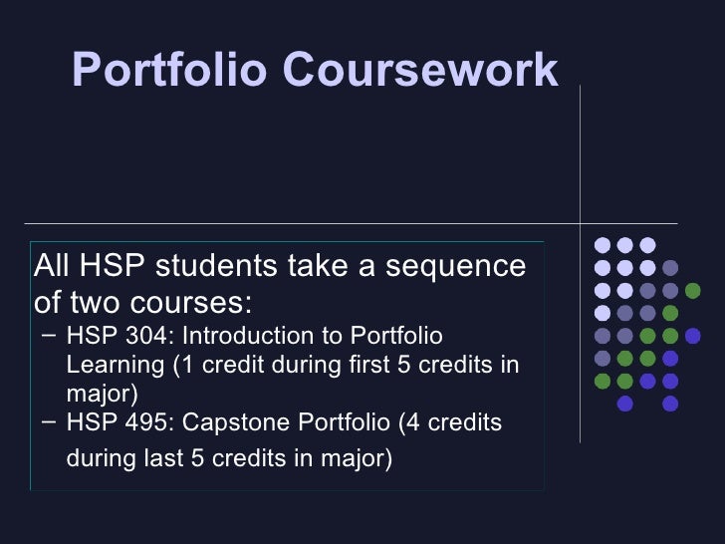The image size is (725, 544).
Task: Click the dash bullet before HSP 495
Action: [50, 422]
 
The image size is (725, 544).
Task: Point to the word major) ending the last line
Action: [354, 459]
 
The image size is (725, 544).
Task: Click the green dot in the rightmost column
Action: [693, 290]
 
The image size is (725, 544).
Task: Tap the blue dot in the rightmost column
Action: [693, 336]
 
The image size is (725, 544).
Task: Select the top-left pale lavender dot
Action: [602, 245]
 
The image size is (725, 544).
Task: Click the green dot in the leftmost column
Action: [602, 381]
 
